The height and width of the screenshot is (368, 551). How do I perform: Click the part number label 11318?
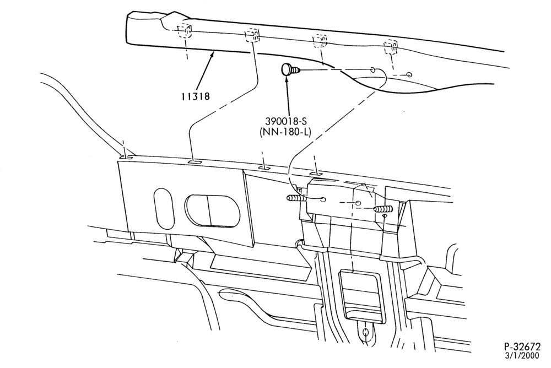click(196, 96)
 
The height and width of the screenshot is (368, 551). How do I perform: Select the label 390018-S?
click(285, 122)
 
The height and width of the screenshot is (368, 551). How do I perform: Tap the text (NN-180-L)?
click(285, 133)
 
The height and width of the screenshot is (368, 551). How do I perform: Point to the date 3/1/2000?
click(522, 356)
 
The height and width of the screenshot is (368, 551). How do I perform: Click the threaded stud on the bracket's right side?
click(383, 209)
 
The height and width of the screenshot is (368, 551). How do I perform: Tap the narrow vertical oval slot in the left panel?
click(164, 208)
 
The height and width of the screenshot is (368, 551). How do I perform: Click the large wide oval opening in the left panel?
click(213, 210)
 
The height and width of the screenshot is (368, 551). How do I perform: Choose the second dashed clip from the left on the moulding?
click(252, 35)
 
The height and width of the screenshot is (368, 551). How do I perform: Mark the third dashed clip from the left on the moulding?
click(320, 41)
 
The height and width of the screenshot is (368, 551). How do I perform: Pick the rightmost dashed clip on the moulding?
click(391, 47)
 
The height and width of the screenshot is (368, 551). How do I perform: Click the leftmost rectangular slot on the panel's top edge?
click(126, 158)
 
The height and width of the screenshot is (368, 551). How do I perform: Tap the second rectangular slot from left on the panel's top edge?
click(194, 163)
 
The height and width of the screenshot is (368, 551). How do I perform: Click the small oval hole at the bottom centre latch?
click(366, 332)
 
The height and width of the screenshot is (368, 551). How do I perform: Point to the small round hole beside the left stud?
click(322, 199)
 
